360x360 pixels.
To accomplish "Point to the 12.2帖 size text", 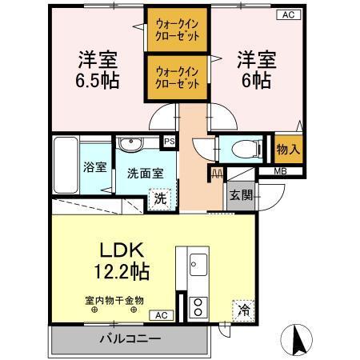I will pos(122,270).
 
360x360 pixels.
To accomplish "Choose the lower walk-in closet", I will pos(177,77).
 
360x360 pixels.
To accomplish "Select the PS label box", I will pos(169,141).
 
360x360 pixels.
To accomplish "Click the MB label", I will pos(281,171).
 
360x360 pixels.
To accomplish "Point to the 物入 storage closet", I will pos(288,149).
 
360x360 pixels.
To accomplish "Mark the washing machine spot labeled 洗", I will pos(160,198).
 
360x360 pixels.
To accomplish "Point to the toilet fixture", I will pos(239,147).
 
